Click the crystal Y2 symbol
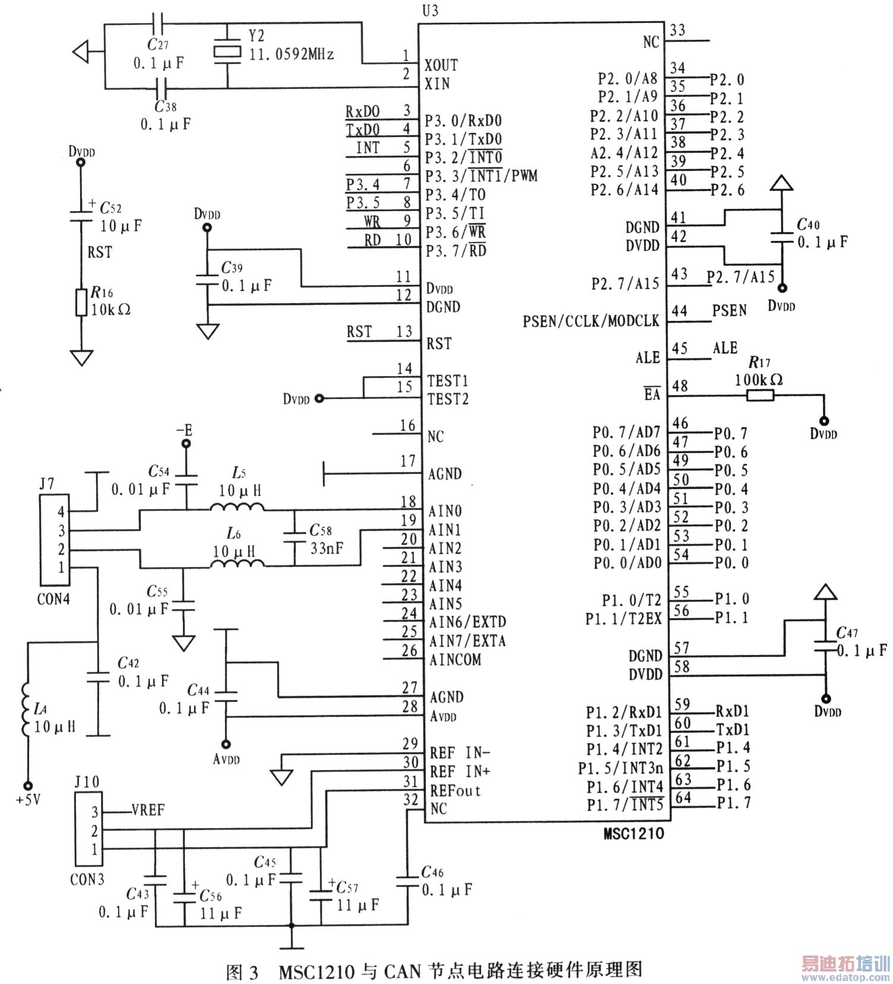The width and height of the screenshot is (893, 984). tap(227, 52)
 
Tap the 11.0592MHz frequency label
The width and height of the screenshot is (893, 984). tap(291, 55)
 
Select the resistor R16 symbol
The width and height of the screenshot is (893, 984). tap(82, 302)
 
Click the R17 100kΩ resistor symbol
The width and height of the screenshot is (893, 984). tap(760, 395)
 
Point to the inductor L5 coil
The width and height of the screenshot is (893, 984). tap(237, 507)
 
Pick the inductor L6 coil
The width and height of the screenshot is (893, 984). tap(237, 563)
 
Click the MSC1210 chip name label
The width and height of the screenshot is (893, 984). tap(634, 834)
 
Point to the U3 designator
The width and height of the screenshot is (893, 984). tap(430, 11)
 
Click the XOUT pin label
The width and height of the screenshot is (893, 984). tap(441, 65)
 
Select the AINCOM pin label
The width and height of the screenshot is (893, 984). tap(455, 660)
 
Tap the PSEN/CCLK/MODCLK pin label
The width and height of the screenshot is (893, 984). tap(590, 321)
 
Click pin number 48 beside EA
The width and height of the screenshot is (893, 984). tap(680, 386)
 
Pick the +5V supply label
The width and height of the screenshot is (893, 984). tap(28, 800)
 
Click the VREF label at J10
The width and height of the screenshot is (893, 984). tap(148, 810)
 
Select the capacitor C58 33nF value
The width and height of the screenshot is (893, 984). tap(326, 548)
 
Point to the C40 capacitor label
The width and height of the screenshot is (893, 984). tap(808, 224)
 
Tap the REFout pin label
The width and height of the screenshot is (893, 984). tap(455, 791)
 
